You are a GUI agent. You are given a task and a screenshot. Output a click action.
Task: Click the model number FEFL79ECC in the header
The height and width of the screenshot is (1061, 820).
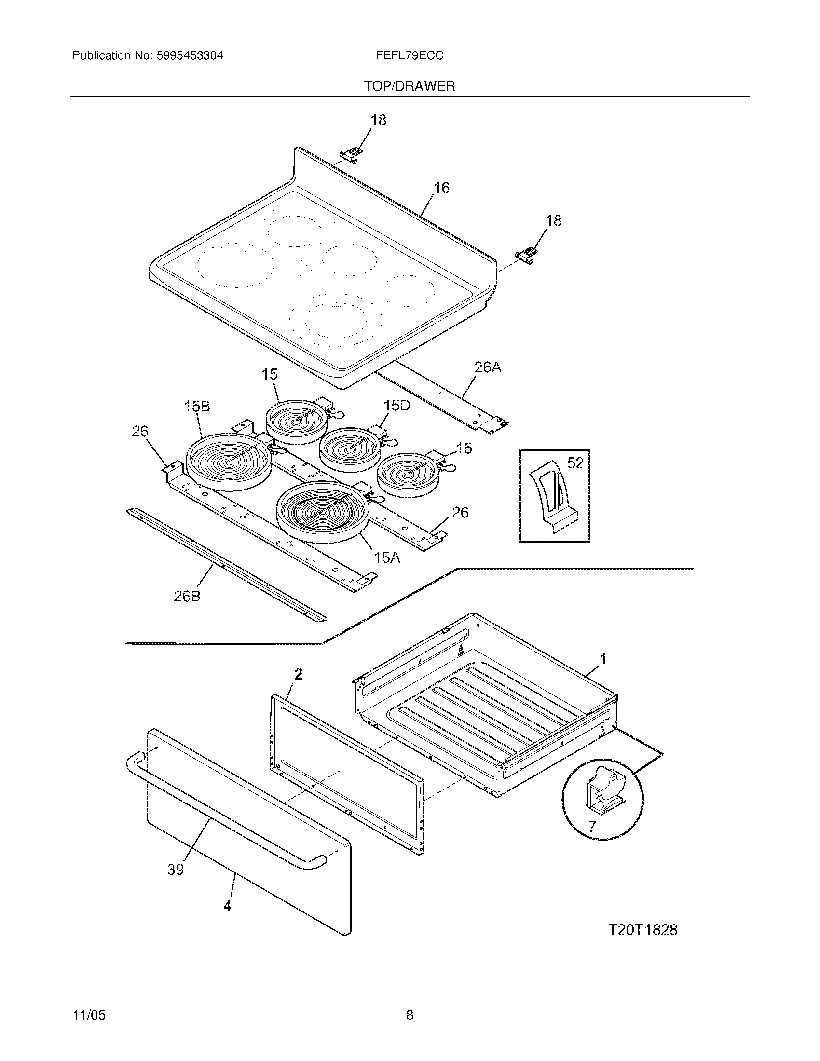coord(409,56)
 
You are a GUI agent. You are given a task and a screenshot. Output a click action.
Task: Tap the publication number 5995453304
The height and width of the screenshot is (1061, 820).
coord(190,56)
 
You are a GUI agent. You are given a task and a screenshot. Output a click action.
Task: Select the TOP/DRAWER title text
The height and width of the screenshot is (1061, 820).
coord(410,86)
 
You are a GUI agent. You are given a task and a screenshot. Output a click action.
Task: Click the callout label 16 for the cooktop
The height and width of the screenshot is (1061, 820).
coord(441,188)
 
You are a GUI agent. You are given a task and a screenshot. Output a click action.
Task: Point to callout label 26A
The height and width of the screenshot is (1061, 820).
coord(487,368)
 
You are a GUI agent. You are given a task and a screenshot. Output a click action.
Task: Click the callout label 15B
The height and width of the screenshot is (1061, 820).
coord(197,407)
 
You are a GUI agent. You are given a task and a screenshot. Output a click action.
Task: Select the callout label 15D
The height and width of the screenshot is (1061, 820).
coord(396,405)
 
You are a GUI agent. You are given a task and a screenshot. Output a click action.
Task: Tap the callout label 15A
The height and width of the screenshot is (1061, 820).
coord(387,558)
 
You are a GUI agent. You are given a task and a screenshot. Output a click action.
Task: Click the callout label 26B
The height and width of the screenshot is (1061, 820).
coord(187,597)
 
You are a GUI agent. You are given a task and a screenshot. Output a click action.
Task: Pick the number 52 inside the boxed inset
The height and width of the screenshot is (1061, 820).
coord(575,463)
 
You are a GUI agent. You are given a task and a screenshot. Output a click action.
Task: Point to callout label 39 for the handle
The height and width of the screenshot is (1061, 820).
coord(176,870)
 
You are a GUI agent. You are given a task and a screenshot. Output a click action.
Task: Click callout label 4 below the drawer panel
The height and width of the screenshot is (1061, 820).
coord(227,906)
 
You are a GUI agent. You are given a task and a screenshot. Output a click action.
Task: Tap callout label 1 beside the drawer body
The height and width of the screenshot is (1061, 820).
coord(603,659)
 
